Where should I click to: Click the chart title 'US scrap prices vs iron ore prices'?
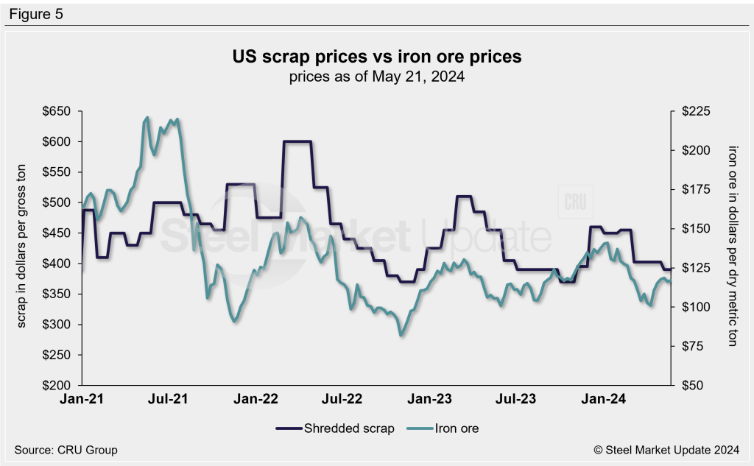(377, 57)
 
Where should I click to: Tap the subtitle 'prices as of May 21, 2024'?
(377, 76)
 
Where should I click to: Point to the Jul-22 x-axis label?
(343, 400)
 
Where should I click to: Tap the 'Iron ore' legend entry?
(457, 428)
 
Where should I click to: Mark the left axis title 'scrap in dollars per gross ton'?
(22, 248)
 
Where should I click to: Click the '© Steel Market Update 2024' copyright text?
(666, 450)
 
